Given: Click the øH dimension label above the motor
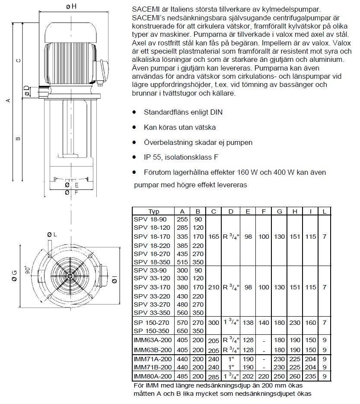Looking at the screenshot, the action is pyautogui.click(x=71, y=6).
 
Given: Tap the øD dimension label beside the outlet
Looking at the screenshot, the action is pyautogui.click(x=27, y=91).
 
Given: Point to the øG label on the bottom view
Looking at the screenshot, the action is pyautogui.click(x=14, y=276).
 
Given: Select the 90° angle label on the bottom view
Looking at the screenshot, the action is pyautogui.click(x=27, y=270).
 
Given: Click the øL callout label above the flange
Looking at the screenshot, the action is pyautogui.click(x=52, y=234).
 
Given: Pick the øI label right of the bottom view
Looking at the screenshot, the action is pyautogui.click(x=115, y=279).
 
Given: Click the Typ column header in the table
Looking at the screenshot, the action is pyautogui.click(x=154, y=212).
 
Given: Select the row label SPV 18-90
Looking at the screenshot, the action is pyautogui.click(x=150, y=219).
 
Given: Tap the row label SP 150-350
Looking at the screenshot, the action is pyautogui.click(x=151, y=331).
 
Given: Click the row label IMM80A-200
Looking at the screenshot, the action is pyautogui.click(x=153, y=376).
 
